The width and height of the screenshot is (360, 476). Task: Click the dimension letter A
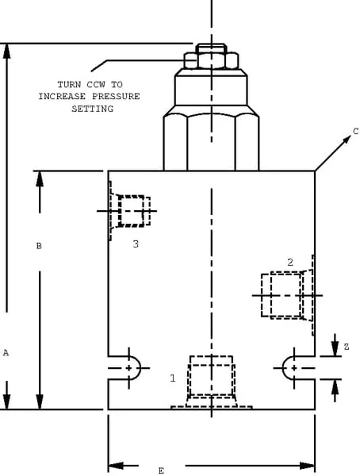click(x=6, y=353)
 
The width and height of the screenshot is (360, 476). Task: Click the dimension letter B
click(x=39, y=246)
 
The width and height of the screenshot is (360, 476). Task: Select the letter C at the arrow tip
click(x=356, y=132)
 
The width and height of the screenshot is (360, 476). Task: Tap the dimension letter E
click(x=161, y=470)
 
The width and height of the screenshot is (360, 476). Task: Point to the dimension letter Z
click(x=347, y=347)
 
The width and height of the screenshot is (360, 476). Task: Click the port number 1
click(x=173, y=378)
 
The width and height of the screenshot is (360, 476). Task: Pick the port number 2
click(x=290, y=263)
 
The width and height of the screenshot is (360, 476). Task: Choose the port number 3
click(x=136, y=244)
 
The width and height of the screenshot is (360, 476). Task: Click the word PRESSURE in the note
click(x=116, y=96)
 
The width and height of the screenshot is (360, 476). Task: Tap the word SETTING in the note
click(x=92, y=109)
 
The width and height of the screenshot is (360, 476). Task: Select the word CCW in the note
click(x=96, y=84)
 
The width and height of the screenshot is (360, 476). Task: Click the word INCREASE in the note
click(x=62, y=96)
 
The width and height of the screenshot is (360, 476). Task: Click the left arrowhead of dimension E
click(x=116, y=466)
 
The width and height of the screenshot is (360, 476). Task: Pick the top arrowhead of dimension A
click(x=6, y=51)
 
